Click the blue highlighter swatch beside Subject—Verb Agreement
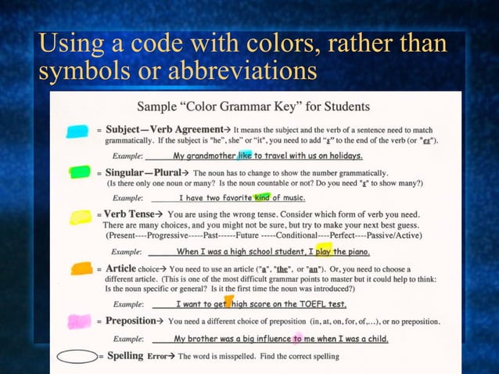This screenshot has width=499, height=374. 77,131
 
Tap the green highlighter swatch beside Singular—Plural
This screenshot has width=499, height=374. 79,172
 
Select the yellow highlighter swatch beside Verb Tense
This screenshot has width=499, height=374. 81,217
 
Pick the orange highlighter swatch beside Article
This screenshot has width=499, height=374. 82,268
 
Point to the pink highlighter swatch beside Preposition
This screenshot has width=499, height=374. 80,321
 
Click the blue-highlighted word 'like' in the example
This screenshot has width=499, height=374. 245,155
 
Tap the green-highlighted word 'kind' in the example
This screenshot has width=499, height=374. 261,198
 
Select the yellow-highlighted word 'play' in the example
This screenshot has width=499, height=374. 324,252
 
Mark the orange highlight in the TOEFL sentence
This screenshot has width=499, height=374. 228,301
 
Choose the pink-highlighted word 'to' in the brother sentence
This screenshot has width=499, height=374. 298,339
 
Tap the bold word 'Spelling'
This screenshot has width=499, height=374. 125,356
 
